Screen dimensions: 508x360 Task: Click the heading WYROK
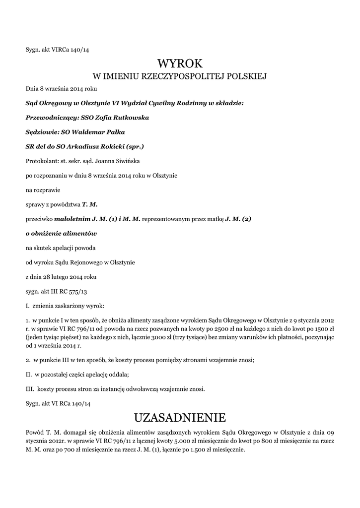[x=180, y=63]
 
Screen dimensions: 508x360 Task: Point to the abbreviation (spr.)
[x=135, y=146]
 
